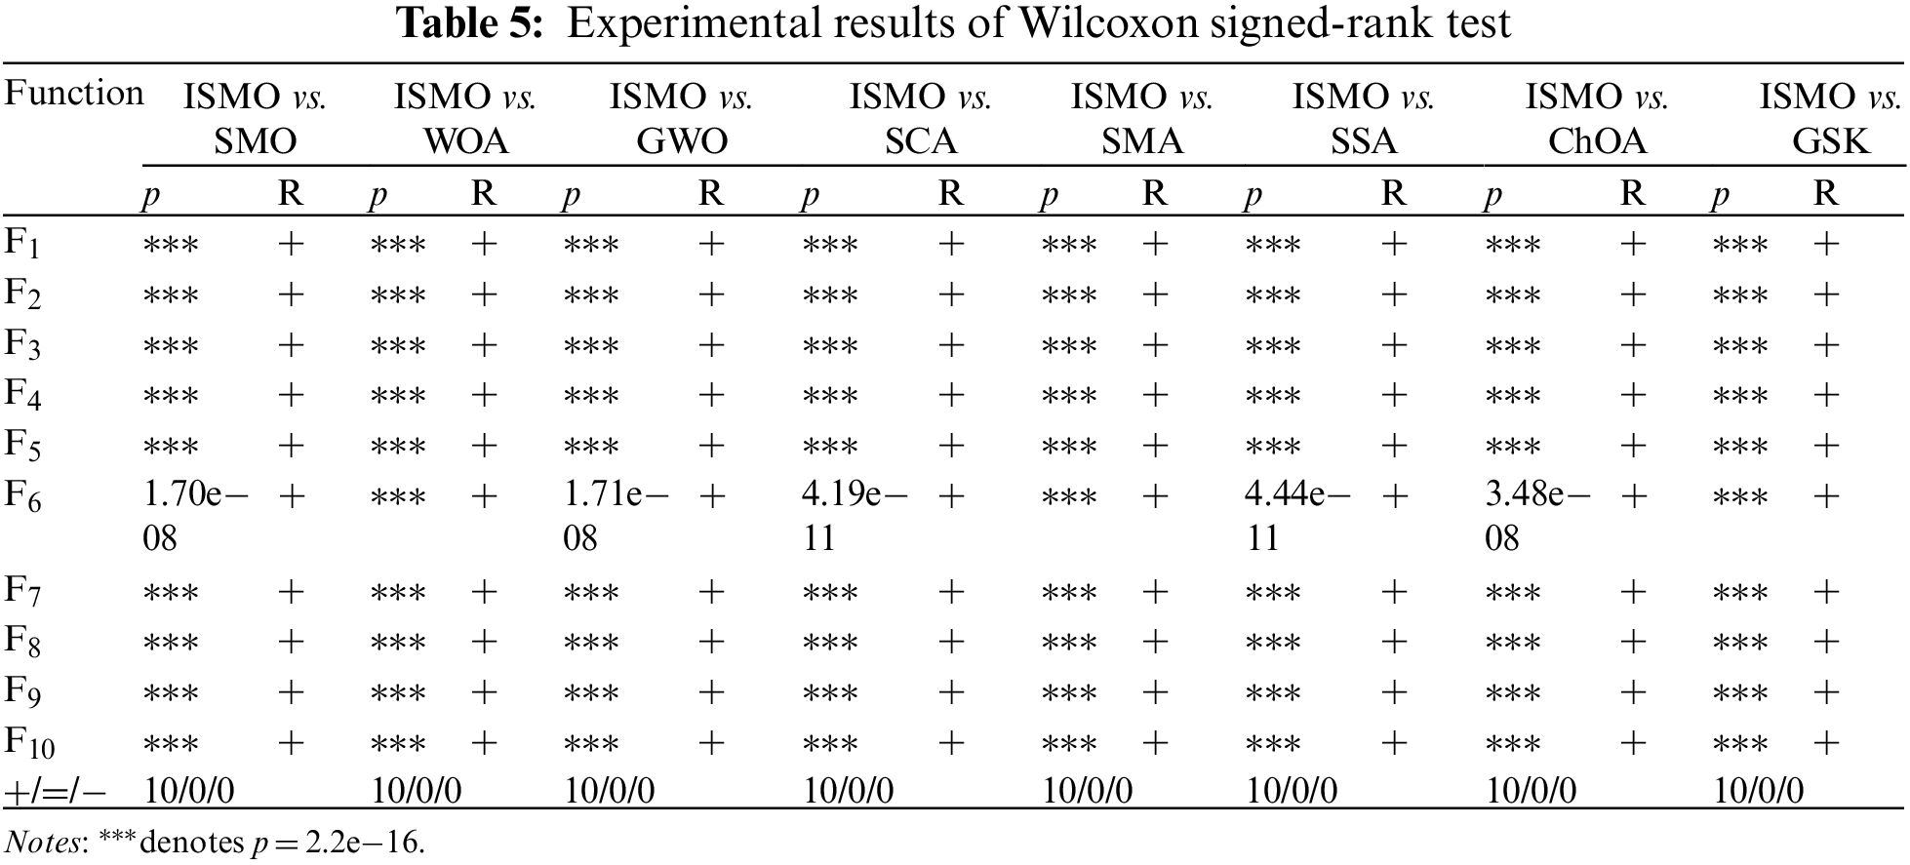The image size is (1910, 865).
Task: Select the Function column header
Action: pyautogui.click(x=74, y=94)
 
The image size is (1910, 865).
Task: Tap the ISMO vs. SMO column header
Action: pyautogui.click(x=255, y=119)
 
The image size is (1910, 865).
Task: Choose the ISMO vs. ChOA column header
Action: pyautogui.click(x=1597, y=119)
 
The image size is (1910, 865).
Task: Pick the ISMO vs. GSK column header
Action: pyautogui.click(x=1831, y=119)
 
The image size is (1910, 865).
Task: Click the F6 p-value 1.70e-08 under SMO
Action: pyautogui.click(x=193, y=516)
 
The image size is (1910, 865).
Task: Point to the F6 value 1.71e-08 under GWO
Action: pyautogui.click(x=615, y=516)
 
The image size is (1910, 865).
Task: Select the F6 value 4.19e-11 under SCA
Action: pyautogui.click(x=854, y=516)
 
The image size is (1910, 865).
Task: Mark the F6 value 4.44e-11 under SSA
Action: pyautogui.click(x=1296, y=516)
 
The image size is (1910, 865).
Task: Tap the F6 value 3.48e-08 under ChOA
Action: pyautogui.click(x=1536, y=516)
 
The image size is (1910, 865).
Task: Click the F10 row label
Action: pyautogui.click(x=29, y=743)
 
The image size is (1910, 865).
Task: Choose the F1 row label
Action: pyautogui.click(x=22, y=242)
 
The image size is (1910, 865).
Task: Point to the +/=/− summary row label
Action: pyautogui.click(x=56, y=791)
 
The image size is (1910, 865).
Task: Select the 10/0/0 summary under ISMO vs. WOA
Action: pyautogui.click(x=417, y=791)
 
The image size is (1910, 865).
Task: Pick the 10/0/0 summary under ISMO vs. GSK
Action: pyautogui.click(x=1759, y=791)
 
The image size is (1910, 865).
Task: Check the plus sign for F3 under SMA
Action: pyautogui.click(x=1155, y=344)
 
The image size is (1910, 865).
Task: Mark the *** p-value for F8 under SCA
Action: pyautogui.click(x=830, y=643)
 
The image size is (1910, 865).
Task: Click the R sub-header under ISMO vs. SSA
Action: pyautogui.click(x=1394, y=194)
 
